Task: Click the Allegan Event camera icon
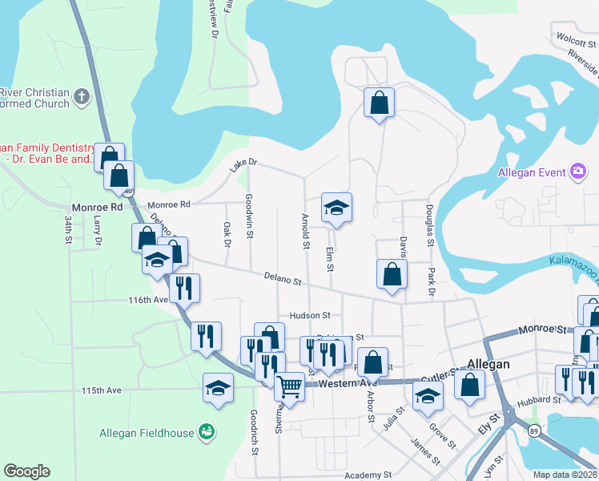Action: pyautogui.click(x=577, y=172)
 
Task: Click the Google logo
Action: pyautogui.click(x=26, y=471)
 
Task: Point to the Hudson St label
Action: pyautogui.click(x=299, y=316)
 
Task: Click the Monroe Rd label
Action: pyautogui.click(x=96, y=206)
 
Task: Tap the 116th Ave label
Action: pyautogui.click(x=148, y=300)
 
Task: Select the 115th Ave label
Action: pyautogui.click(x=101, y=390)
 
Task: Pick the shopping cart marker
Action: pyautogui.click(x=289, y=387)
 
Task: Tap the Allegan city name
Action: pyautogui.click(x=488, y=364)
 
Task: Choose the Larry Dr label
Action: pyautogui.click(x=98, y=231)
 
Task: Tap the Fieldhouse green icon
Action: pyautogui.click(x=207, y=433)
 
